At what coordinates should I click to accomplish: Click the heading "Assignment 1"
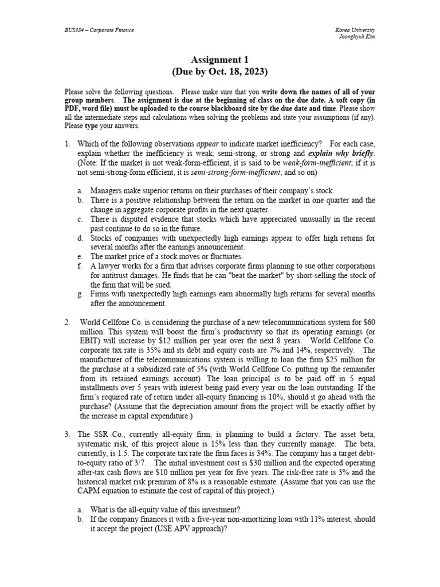click(x=219, y=60)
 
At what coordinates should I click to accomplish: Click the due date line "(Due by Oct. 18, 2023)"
click(x=219, y=72)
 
